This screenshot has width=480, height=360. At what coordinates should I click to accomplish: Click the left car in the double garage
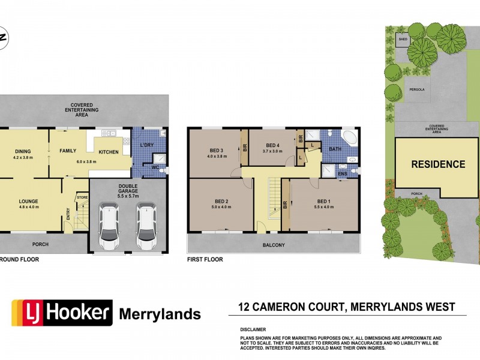click(109, 229)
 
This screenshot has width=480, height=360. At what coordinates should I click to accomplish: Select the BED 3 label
click(217, 150)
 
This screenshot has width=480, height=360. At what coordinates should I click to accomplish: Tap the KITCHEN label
click(109, 152)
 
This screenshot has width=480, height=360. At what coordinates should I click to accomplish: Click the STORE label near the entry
click(82, 197)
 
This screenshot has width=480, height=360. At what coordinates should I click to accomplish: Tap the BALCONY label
click(272, 245)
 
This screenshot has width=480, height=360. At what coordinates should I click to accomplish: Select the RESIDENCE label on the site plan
click(437, 164)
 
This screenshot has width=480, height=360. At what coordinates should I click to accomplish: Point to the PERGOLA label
click(416, 89)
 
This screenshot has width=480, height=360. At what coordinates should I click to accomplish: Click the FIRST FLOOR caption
click(205, 260)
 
